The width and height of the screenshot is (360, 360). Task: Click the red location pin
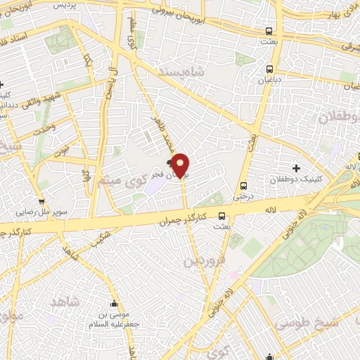181,165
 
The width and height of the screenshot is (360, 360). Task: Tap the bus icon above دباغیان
270,69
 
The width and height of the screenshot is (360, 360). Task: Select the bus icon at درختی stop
243,186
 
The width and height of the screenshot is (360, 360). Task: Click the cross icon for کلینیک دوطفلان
296,168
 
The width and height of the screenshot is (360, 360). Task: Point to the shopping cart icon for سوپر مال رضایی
41,183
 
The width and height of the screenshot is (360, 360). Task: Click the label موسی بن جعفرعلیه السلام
113,309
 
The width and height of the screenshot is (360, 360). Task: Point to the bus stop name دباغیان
270,81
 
